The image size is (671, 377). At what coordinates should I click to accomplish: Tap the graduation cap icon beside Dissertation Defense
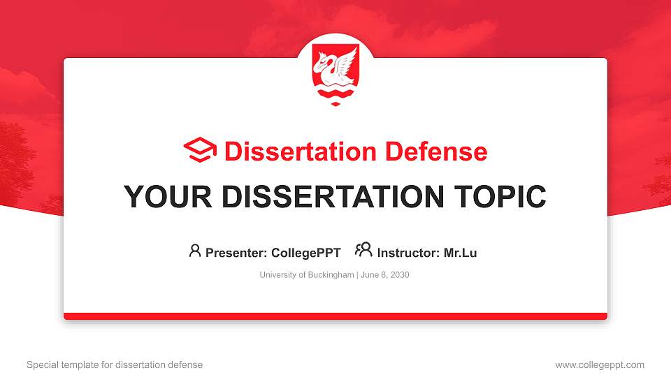201,151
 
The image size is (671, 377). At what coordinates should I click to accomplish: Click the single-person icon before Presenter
195,251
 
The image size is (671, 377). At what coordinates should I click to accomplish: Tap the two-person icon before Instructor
363,250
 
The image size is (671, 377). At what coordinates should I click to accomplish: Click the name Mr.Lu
460,253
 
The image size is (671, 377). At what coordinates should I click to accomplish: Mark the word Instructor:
408,253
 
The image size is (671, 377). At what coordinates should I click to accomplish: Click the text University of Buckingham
306,275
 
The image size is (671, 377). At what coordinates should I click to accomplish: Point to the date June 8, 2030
385,275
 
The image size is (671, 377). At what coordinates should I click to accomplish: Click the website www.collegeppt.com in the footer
600,364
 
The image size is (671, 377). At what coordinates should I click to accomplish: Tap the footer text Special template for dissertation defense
115,364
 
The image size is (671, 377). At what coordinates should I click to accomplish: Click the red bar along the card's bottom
335,316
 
